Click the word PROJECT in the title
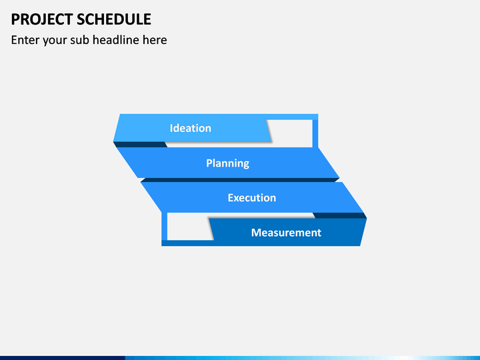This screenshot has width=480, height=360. (42, 19)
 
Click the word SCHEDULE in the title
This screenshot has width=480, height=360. (114, 19)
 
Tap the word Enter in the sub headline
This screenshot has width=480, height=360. (25, 40)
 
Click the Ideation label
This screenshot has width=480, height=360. (191, 128)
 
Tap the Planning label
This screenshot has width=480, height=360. (227, 163)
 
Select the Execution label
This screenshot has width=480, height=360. (251, 198)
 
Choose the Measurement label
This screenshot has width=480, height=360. (286, 233)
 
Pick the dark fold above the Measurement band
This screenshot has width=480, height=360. (340, 215)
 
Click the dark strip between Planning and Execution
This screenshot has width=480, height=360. (240, 180)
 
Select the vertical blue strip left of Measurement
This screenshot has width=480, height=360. (165, 227)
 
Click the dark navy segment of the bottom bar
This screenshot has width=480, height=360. (63, 358)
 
